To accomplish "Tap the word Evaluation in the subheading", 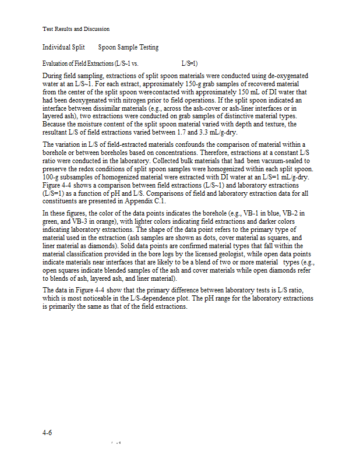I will click(57, 63).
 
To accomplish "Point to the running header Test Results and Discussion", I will click(76, 29).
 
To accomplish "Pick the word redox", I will click(80, 168).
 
